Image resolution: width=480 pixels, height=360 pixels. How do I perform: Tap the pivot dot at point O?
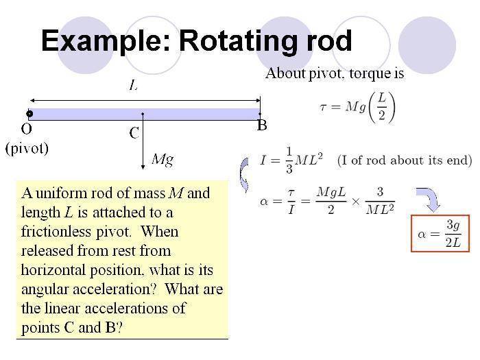click(x=29, y=114)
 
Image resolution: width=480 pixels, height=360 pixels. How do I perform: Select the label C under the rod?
click(x=134, y=133)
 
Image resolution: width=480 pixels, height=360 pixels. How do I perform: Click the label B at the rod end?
click(x=262, y=125)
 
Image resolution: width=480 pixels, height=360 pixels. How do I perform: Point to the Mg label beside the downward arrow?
click(x=163, y=159)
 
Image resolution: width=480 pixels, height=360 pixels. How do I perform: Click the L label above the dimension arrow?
click(x=134, y=85)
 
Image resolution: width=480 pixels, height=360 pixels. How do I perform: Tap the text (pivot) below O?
click(x=27, y=149)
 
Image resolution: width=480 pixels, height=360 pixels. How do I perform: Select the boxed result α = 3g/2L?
click(x=440, y=234)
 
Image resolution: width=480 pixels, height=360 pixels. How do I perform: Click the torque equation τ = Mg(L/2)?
click(x=357, y=107)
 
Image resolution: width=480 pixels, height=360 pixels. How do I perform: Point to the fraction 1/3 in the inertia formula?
click(x=289, y=160)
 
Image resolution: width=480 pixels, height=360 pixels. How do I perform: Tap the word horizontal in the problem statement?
click(x=53, y=270)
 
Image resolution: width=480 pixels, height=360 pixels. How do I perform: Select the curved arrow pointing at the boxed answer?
click(x=430, y=199)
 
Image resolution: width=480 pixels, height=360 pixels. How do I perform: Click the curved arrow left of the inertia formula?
click(x=243, y=175)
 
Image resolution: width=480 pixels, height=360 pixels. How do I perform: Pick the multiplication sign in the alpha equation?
click(x=356, y=202)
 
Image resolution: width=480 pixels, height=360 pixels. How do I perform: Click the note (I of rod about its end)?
click(x=405, y=160)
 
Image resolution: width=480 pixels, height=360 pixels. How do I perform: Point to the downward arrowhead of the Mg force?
click(x=143, y=167)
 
